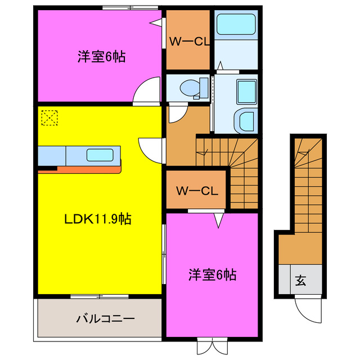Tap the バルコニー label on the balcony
105,319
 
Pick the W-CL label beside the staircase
196,191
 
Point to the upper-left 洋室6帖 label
101,56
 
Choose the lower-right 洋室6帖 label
212,275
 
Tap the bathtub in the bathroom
236,24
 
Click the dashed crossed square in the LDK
49,118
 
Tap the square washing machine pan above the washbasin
245,91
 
